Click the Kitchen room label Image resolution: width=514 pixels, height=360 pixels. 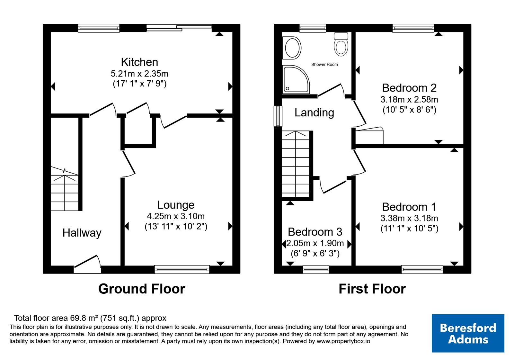[x=139, y=62]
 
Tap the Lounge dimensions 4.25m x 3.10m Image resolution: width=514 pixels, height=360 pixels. [x=176, y=216]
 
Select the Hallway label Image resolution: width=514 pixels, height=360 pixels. [x=82, y=233]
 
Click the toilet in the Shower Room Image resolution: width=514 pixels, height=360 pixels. [x=341, y=44]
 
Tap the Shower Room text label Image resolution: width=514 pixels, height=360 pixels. [x=324, y=65]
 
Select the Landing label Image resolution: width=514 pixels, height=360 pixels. [x=314, y=113]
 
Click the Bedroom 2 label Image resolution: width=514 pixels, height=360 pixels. [x=409, y=88]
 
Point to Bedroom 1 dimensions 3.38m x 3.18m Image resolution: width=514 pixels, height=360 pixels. [x=409, y=218]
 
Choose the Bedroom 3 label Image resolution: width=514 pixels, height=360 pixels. [x=315, y=232]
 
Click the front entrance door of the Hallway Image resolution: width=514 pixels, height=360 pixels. [x=87, y=265]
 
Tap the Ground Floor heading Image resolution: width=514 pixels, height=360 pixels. [x=142, y=289]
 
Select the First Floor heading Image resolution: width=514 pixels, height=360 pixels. [x=372, y=289]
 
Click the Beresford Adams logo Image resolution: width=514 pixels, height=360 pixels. [x=468, y=333]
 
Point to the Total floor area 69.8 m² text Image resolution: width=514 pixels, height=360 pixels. [x=90, y=318]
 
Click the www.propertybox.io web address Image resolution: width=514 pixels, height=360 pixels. [x=343, y=341]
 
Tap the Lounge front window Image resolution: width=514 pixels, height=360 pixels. [x=182, y=269]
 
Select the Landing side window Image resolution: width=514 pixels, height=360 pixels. [x=278, y=116]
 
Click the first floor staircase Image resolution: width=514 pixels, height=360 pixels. [x=296, y=164]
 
